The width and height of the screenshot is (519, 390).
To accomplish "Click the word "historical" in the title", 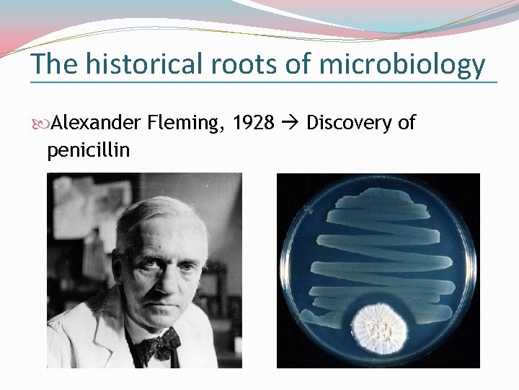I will (143, 64).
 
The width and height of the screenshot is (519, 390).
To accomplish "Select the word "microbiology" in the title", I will (402, 66).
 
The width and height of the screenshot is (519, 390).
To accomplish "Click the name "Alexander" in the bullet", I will (96, 123).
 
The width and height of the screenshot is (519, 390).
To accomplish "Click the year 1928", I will (254, 123).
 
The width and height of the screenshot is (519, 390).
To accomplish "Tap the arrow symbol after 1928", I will (290, 123).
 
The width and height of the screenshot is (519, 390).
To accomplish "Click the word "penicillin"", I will (88, 150).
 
